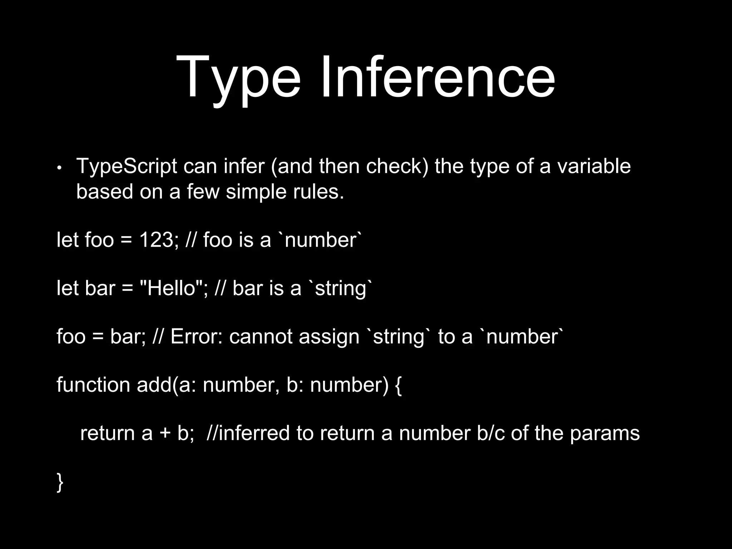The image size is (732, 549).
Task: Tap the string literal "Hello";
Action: tap(173, 288)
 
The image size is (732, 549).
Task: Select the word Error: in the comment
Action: tap(197, 337)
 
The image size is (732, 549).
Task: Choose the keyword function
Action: tap(93, 385)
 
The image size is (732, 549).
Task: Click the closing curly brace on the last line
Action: tap(60, 482)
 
